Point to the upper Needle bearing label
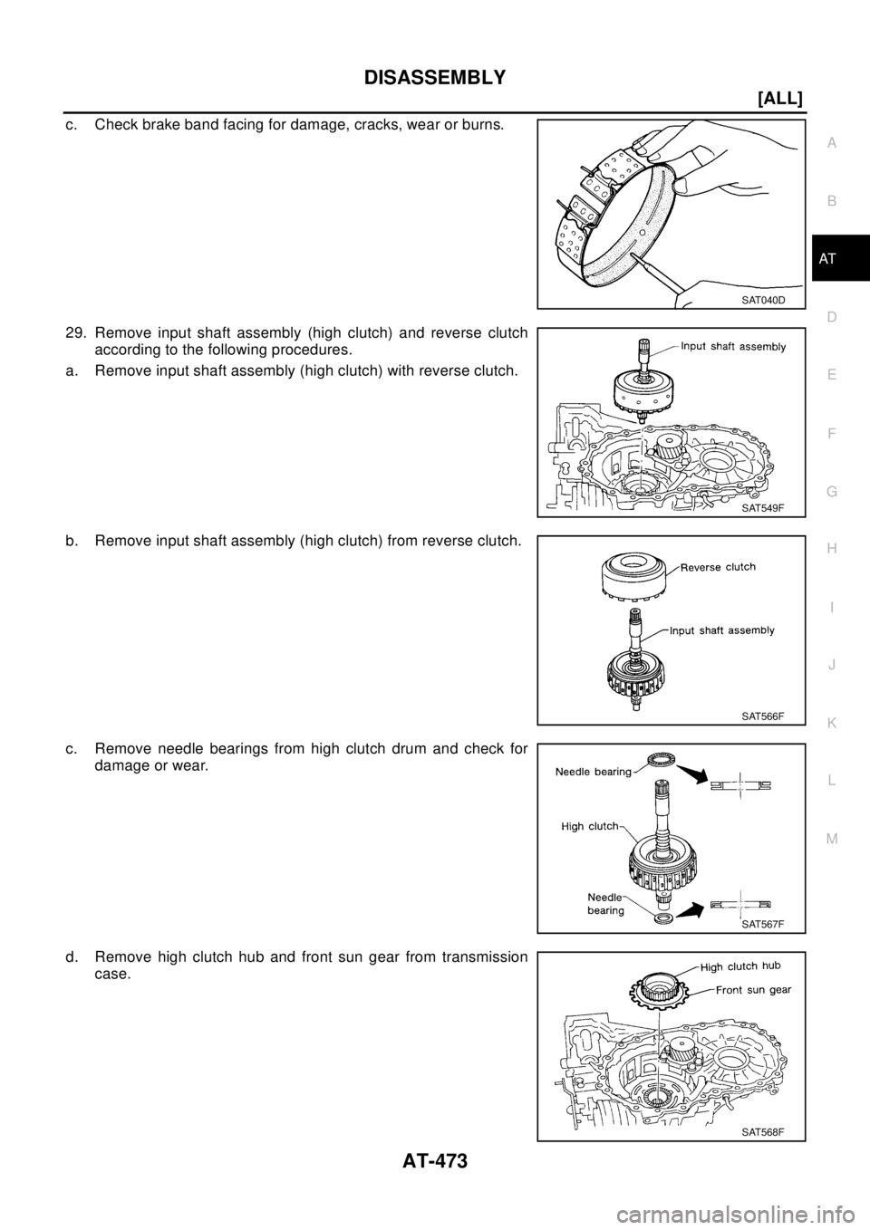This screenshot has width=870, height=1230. (x=594, y=772)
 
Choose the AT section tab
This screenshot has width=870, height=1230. (x=830, y=260)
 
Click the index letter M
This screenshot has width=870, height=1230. (x=832, y=839)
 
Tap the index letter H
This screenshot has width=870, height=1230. (x=832, y=549)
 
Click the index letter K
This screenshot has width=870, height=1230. (x=832, y=723)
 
